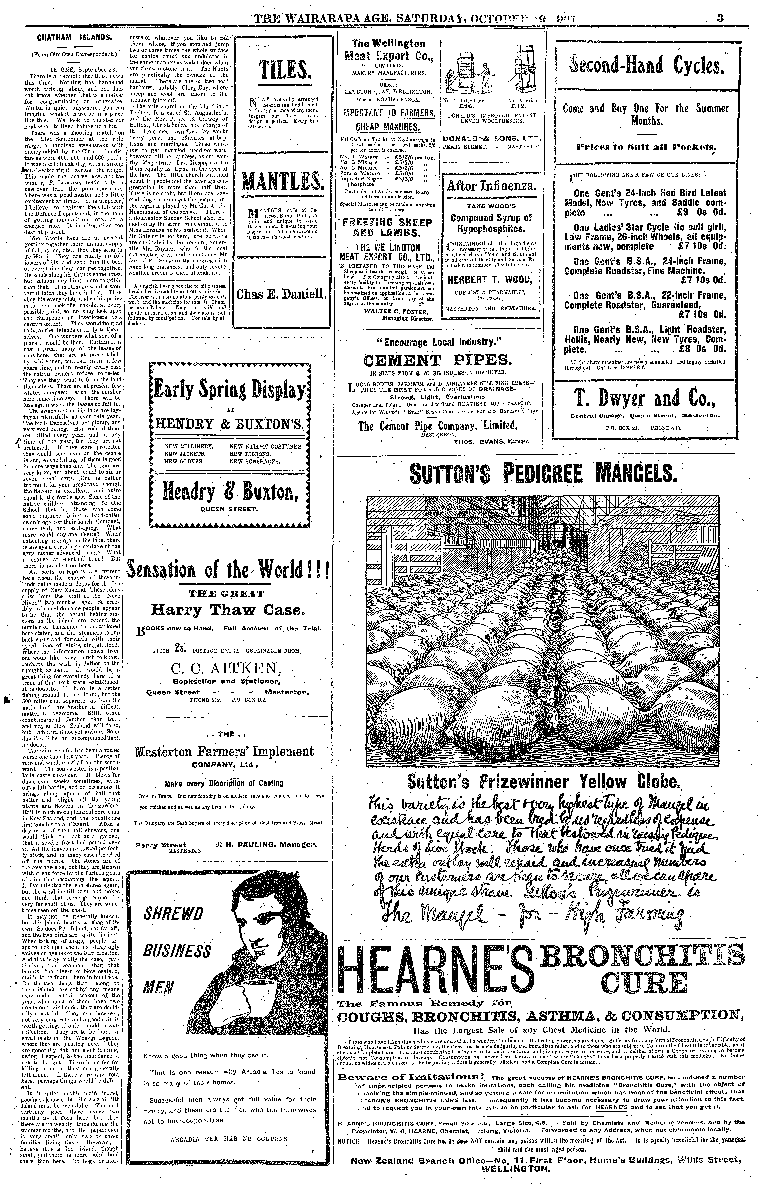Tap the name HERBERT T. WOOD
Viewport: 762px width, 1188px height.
(x=490, y=280)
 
